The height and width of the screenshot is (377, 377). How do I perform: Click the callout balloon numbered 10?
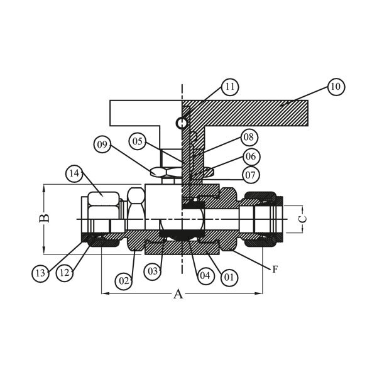pyautogui.click(x=336, y=87)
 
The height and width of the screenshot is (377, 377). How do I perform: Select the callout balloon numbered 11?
pyautogui.click(x=230, y=87)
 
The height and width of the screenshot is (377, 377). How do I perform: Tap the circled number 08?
pyautogui.click(x=249, y=137)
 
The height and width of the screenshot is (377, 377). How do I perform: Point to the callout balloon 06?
pyautogui.click(x=251, y=156)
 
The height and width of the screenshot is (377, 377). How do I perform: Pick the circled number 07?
pyautogui.click(x=250, y=175)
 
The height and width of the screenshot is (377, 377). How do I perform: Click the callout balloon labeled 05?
pyautogui.click(x=138, y=141)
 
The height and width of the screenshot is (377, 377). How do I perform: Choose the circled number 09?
pyautogui.click(x=102, y=145)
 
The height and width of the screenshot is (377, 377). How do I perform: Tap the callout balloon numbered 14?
pyautogui.click(x=74, y=173)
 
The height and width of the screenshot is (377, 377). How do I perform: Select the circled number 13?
pyautogui.click(x=40, y=273)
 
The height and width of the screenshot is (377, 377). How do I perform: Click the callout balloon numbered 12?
pyautogui.click(x=65, y=273)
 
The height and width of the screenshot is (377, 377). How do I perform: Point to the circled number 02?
pyautogui.click(x=124, y=281)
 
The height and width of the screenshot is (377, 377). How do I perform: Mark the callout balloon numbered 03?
pyautogui.click(x=153, y=271)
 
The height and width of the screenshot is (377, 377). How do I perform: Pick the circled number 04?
pyautogui.click(x=205, y=276)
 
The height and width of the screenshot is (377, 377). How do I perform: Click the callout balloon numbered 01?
pyautogui.click(x=229, y=278)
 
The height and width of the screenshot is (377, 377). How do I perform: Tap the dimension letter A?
pyautogui.click(x=178, y=294)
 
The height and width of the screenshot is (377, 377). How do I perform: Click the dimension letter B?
pyautogui.click(x=44, y=218)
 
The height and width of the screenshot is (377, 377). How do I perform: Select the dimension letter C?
pyautogui.click(x=303, y=219)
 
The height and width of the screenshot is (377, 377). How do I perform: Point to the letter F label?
pyautogui.click(x=275, y=270)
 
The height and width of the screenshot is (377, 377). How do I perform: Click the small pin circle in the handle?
pyautogui.click(x=180, y=123)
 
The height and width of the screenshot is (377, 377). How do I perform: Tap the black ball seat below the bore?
pyautogui.click(x=182, y=233)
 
